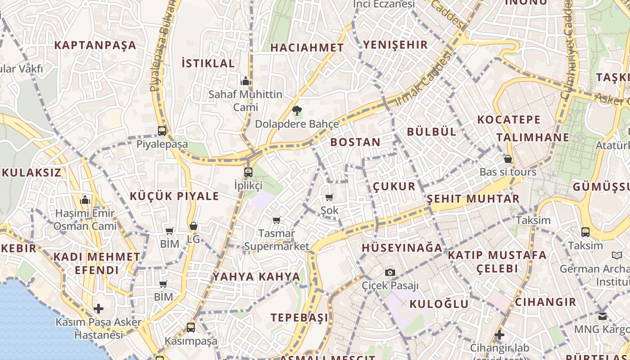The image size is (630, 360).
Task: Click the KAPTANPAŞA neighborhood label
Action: [x=95, y=45]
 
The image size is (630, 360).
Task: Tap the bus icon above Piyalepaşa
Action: [x=162, y=131]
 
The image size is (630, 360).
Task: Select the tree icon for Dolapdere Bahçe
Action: [x=297, y=111]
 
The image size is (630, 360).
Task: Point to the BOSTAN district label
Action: [x=355, y=142]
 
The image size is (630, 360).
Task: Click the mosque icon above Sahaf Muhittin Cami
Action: [x=245, y=81]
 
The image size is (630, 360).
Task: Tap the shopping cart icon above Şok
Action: [x=329, y=197]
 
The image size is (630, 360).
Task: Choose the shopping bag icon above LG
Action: [x=193, y=226]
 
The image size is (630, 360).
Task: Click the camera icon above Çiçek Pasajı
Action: [x=390, y=272]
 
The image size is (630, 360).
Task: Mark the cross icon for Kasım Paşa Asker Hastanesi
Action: [x=99, y=309]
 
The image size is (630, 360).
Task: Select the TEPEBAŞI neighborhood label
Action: [x=299, y=318]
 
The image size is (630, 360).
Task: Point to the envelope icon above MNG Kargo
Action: [x=603, y=316]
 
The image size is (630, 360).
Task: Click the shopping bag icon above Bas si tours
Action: [x=508, y=159]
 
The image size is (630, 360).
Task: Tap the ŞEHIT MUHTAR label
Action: [x=473, y=198]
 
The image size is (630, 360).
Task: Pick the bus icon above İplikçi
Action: [x=248, y=172]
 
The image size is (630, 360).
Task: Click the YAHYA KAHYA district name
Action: [x=256, y=277]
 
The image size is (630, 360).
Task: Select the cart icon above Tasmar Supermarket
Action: [x=277, y=220]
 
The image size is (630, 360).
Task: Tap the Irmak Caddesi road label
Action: [x=423, y=80]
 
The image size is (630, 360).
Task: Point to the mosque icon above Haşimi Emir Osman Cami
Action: [x=85, y=200]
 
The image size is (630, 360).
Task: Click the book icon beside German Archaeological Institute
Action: [x=616, y=256]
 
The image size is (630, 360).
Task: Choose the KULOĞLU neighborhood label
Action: [x=439, y=304]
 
